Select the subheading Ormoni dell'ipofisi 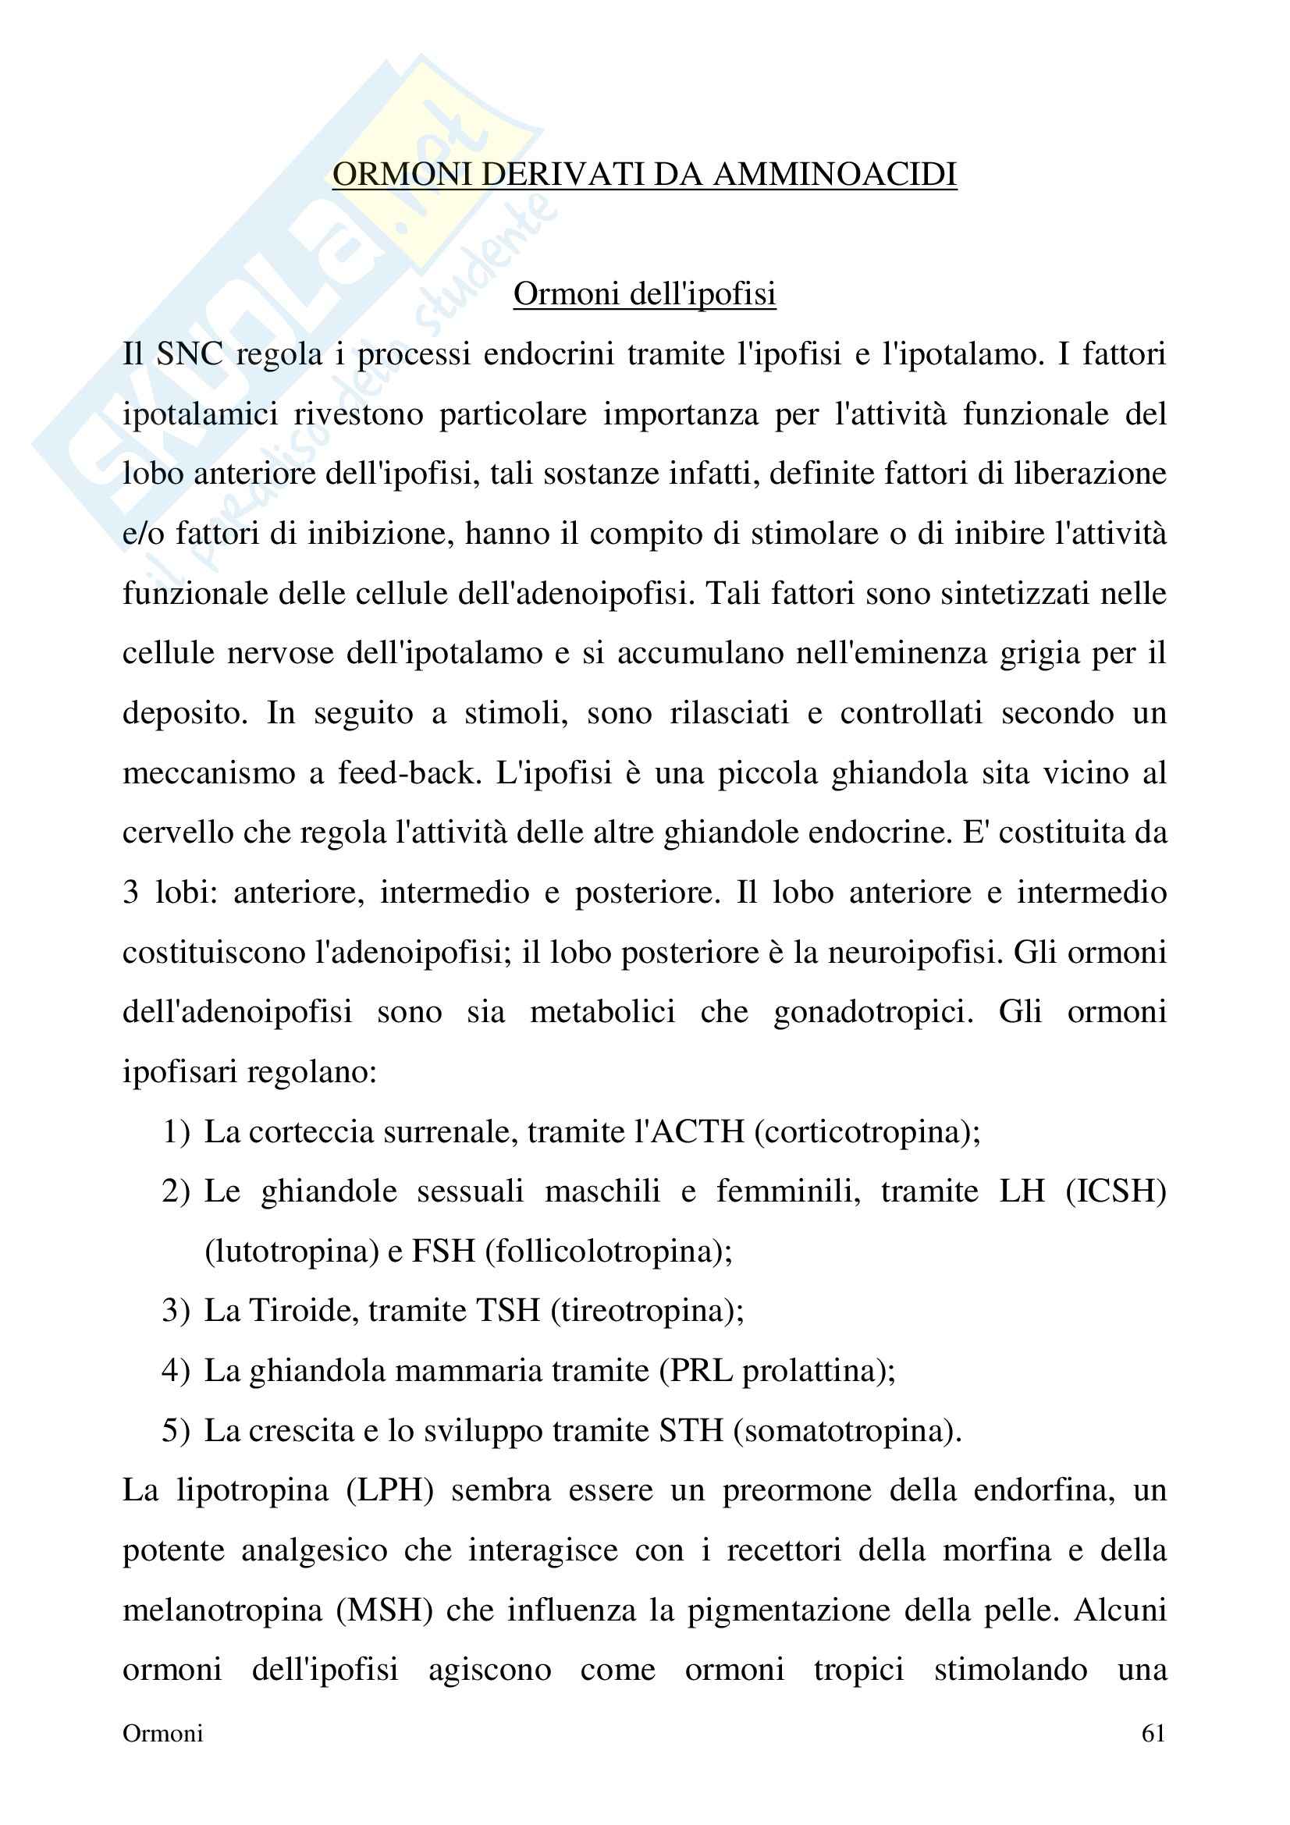644,293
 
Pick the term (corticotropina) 866,1131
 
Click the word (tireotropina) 646,1310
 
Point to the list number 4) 176,1370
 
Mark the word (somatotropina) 848,1430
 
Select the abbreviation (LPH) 389,1489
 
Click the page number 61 1153,1733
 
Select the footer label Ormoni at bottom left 163,1733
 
